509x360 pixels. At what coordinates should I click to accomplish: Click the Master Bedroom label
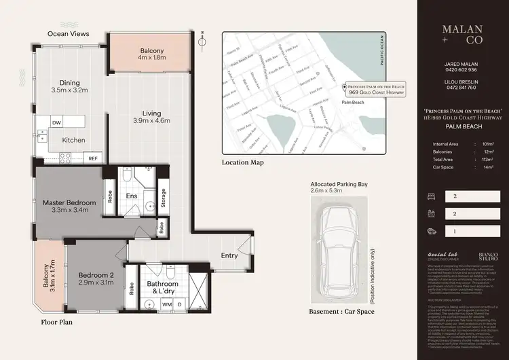pyautogui.click(x=69, y=202)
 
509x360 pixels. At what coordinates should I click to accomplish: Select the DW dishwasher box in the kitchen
pyautogui.click(x=57, y=123)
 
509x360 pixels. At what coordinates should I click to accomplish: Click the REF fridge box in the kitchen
pyautogui.click(x=93, y=158)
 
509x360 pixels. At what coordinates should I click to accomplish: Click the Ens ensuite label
pyautogui.click(x=132, y=196)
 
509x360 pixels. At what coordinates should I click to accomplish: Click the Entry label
pyautogui.click(x=229, y=255)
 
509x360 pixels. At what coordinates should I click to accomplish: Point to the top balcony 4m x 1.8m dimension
pyautogui.click(x=152, y=58)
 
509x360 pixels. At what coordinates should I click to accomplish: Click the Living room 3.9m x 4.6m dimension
pyautogui.click(x=151, y=121)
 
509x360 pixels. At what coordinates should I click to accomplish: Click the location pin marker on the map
pyautogui.click(x=345, y=87)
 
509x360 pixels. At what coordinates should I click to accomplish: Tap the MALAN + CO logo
pyautogui.click(x=463, y=35)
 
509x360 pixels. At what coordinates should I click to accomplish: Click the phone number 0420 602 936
pyautogui.click(x=462, y=69)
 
